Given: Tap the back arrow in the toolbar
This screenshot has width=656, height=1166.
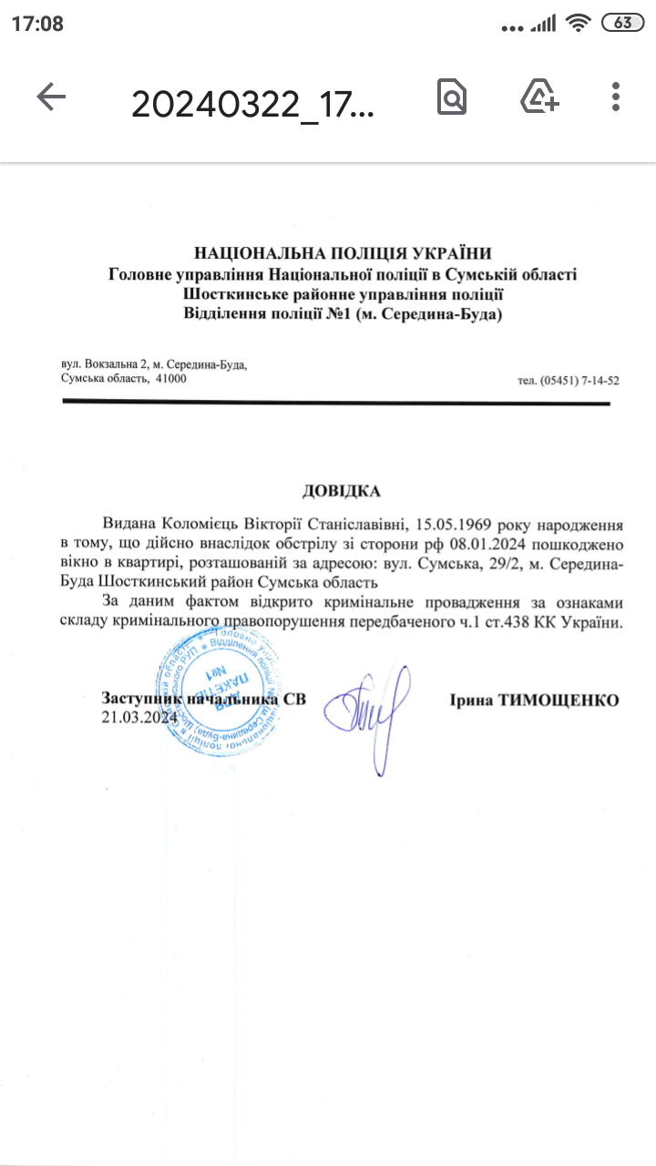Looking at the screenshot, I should (51, 97).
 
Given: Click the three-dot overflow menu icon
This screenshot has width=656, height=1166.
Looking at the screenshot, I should (617, 97).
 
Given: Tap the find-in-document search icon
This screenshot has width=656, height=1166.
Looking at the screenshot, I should (451, 97).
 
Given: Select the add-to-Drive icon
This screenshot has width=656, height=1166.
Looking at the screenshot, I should (539, 97).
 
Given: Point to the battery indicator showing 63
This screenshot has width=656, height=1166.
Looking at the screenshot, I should (623, 24).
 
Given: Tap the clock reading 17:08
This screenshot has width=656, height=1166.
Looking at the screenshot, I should (37, 24).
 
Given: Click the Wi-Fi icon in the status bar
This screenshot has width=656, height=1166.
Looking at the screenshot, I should (578, 24).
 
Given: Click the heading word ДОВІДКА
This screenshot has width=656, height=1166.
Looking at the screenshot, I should (342, 492).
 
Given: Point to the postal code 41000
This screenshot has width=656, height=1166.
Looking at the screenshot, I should (171, 378).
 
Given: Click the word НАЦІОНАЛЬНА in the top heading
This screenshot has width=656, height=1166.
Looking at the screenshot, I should (254, 254).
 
